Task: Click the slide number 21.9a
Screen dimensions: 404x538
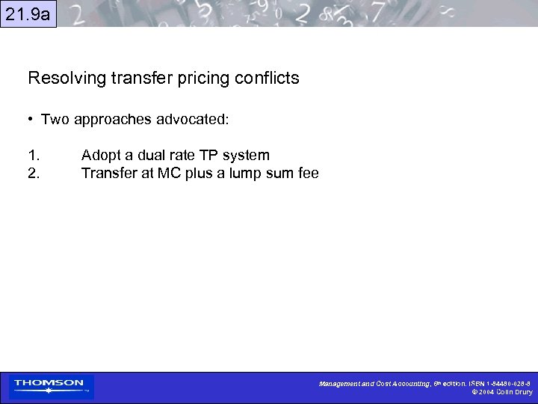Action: [28, 13]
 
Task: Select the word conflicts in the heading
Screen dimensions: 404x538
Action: [269, 78]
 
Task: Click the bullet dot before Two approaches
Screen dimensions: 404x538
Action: [31, 120]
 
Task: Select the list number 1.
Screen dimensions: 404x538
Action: [34, 156]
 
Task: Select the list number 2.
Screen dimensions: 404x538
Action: [34, 174]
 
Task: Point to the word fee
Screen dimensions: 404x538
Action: [307, 174]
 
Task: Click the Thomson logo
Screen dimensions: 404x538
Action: [49, 386]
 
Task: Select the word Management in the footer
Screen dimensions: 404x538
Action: [339, 383]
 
